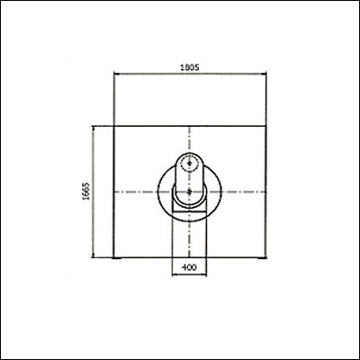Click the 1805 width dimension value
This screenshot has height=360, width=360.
(x=189, y=67)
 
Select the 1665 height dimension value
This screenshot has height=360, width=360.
(x=86, y=191)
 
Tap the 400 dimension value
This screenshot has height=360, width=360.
(x=189, y=267)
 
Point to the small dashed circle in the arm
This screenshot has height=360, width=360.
(x=189, y=163)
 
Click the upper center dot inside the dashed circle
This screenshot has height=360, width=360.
(x=189, y=163)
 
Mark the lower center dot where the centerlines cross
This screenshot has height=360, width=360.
(x=189, y=192)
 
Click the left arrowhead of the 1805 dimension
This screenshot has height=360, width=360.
(x=117, y=74)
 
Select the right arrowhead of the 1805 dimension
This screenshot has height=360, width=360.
(x=264, y=74)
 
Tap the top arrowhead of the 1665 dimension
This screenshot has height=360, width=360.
(x=94, y=129)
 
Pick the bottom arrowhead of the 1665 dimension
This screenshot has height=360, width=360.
(x=94, y=255)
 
